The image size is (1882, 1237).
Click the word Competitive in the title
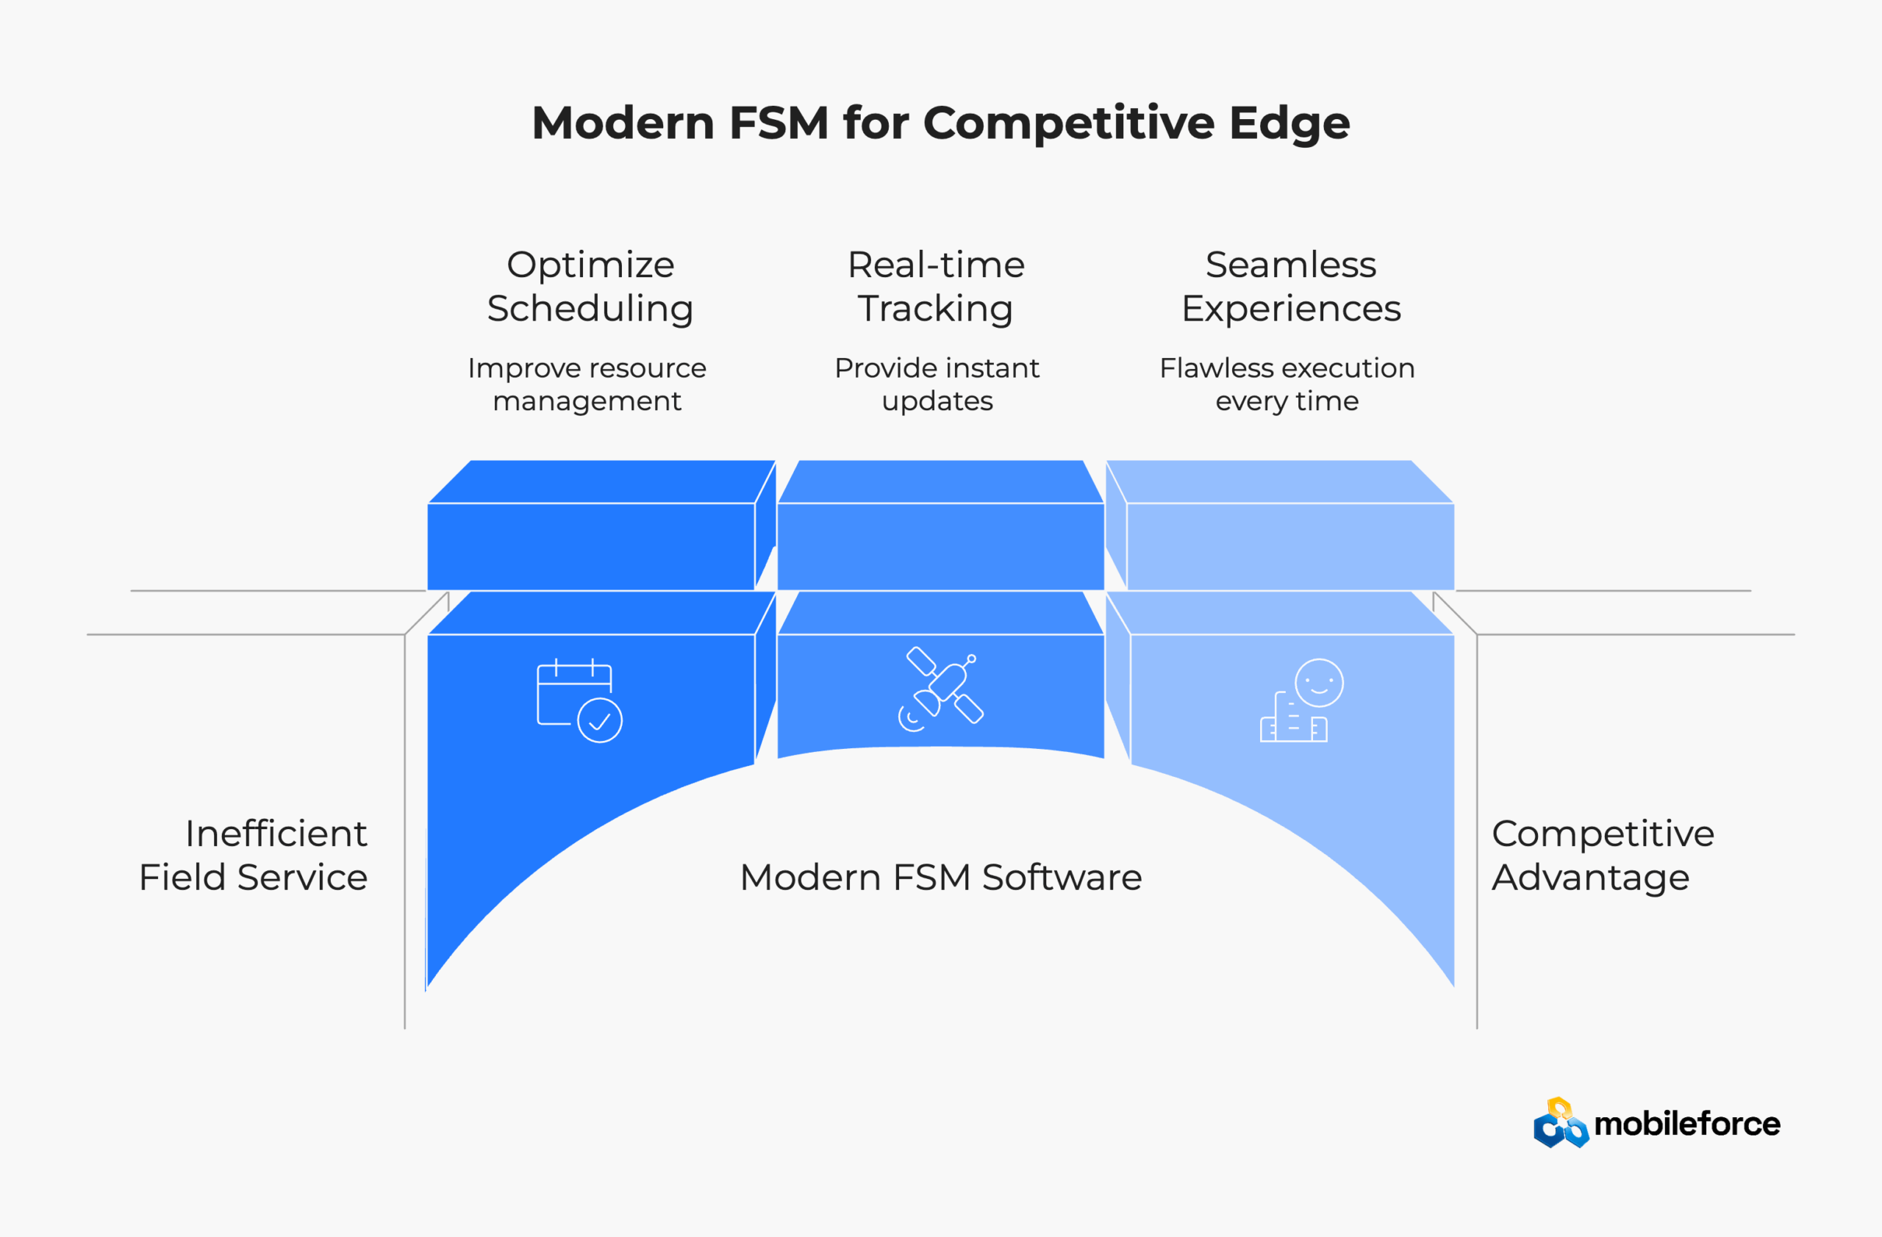coord(1068,123)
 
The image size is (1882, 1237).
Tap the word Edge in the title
coord(1289,125)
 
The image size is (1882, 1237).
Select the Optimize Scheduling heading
coord(590,286)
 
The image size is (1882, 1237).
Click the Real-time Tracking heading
coord(937,286)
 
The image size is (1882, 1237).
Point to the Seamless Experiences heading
coord(1290,286)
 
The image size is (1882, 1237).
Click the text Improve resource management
coord(587,384)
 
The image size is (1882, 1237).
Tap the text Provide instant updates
coord(937,384)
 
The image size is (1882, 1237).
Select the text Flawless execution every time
coord(1287,384)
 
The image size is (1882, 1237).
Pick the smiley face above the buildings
coord(1319,683)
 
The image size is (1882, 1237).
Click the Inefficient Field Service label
coord(253,856)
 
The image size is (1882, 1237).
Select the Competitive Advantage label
coord(1602,856)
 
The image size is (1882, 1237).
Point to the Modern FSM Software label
coord(941,878)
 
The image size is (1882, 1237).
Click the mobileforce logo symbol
coord(1560,1123)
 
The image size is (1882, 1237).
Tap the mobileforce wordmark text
coord(1686,1124)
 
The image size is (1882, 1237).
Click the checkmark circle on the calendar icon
coord(599,720)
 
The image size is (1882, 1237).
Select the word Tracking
coord(935,308)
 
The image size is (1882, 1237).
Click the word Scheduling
coord(590,308)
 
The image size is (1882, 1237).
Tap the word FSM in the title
coord(778,123)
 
